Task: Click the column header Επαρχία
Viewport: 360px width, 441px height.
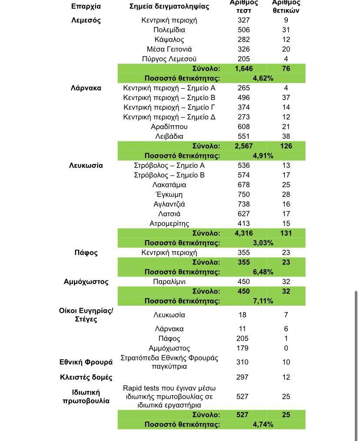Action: tap(86, 6)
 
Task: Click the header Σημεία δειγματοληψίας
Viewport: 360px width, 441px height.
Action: tap(169, 6)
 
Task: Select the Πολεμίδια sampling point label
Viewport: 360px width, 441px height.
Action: tap(169, 30)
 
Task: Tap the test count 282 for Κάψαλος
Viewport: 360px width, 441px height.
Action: tap(244, 40)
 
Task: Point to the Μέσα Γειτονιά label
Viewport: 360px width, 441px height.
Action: tap(169, 49)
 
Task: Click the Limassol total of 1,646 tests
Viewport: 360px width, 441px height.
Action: tap(243, 69)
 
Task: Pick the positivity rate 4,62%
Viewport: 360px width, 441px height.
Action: tap(263, 78)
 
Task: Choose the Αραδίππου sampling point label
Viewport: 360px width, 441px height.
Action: tap(169, 127)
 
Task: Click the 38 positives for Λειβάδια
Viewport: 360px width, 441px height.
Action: tap(286, 137)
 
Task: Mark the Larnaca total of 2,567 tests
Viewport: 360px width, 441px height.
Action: tap(243, 146)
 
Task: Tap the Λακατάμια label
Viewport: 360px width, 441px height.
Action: tap(169, 185)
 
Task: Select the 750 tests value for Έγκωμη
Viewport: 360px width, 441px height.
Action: tap(244, 194)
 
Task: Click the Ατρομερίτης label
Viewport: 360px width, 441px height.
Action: tap(169, 224)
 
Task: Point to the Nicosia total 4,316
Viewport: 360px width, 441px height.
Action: tap(243, 233)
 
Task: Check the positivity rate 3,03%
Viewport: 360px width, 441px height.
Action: tap(263, 243)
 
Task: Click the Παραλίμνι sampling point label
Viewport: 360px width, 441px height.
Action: tap(169, 281)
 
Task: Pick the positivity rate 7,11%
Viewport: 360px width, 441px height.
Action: tap(263, 301)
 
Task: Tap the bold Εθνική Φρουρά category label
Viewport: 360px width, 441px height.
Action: tap(86, 362)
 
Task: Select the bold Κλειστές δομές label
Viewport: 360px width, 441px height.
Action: tap(86, 377)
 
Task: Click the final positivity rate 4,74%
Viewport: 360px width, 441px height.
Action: tap(263, 424)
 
